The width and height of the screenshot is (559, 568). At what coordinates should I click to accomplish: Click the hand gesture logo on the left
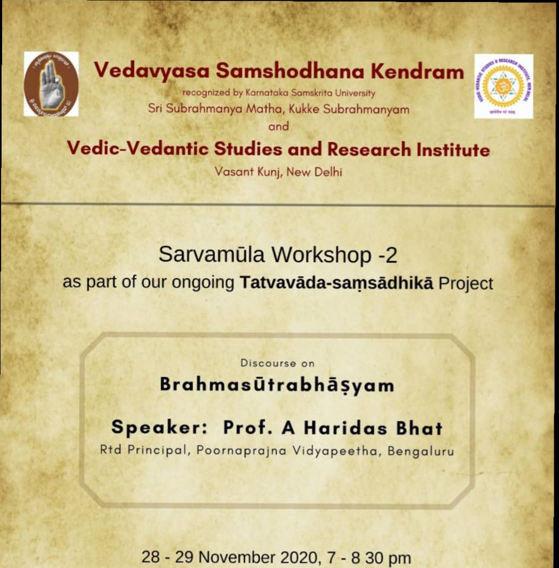click(51, 84)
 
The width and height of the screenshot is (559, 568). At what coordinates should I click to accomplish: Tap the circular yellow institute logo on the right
click(503, 86)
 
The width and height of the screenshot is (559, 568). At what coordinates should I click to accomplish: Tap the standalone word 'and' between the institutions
click(278, 126)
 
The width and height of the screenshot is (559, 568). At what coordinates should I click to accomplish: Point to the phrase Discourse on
click(278, 363)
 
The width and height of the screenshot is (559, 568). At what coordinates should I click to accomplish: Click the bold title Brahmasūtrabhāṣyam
click(277, 385)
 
